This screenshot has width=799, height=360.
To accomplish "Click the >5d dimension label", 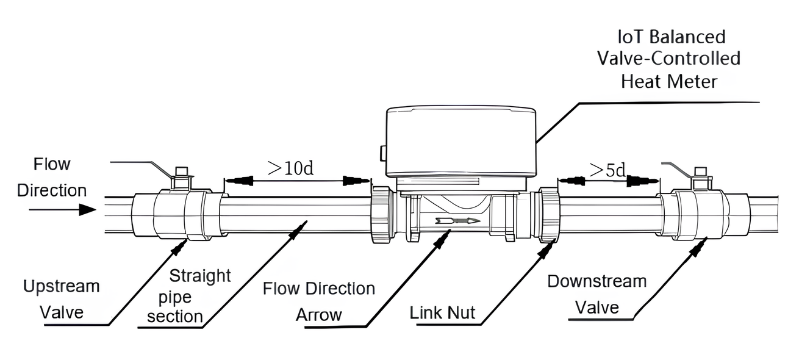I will coord(607,170).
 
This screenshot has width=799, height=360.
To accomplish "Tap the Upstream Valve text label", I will coord(61,299).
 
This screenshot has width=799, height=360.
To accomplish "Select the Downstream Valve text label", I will coord(597,294).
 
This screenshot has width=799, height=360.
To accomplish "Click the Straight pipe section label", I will coord(184,296).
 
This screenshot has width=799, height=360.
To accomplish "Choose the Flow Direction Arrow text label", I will coord(319,301).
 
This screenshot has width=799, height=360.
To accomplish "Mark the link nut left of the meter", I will coord(382,215).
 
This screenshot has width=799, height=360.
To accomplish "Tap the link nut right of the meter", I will coord(547,215).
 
